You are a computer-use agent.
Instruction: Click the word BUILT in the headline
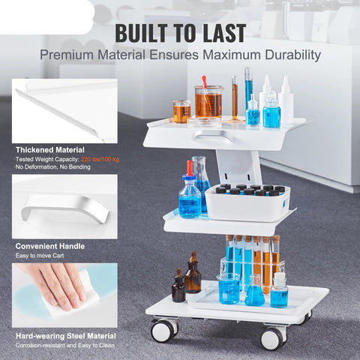[141, 33]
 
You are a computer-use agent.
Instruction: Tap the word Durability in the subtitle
[293, 55]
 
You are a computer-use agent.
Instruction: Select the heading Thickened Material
[50, 150]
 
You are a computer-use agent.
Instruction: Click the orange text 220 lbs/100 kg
[100, 159]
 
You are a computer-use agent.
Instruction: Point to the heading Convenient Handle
[50, 246]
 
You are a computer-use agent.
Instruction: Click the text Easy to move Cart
[40, 256]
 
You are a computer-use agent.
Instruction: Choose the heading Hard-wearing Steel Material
[66, 336]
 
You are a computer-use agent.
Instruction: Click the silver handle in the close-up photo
[65, 206]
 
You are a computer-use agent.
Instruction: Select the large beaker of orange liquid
[208, 102]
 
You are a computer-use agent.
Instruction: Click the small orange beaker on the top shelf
[181, 112]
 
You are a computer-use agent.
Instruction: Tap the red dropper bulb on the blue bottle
[190, 167]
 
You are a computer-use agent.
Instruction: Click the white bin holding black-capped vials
[247, 203]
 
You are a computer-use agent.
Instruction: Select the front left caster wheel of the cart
[164, 331]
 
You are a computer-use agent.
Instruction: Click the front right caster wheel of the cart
[274, 338]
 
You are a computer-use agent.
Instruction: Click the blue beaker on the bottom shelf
[229, 289]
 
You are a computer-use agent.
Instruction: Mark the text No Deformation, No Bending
[52, 167]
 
